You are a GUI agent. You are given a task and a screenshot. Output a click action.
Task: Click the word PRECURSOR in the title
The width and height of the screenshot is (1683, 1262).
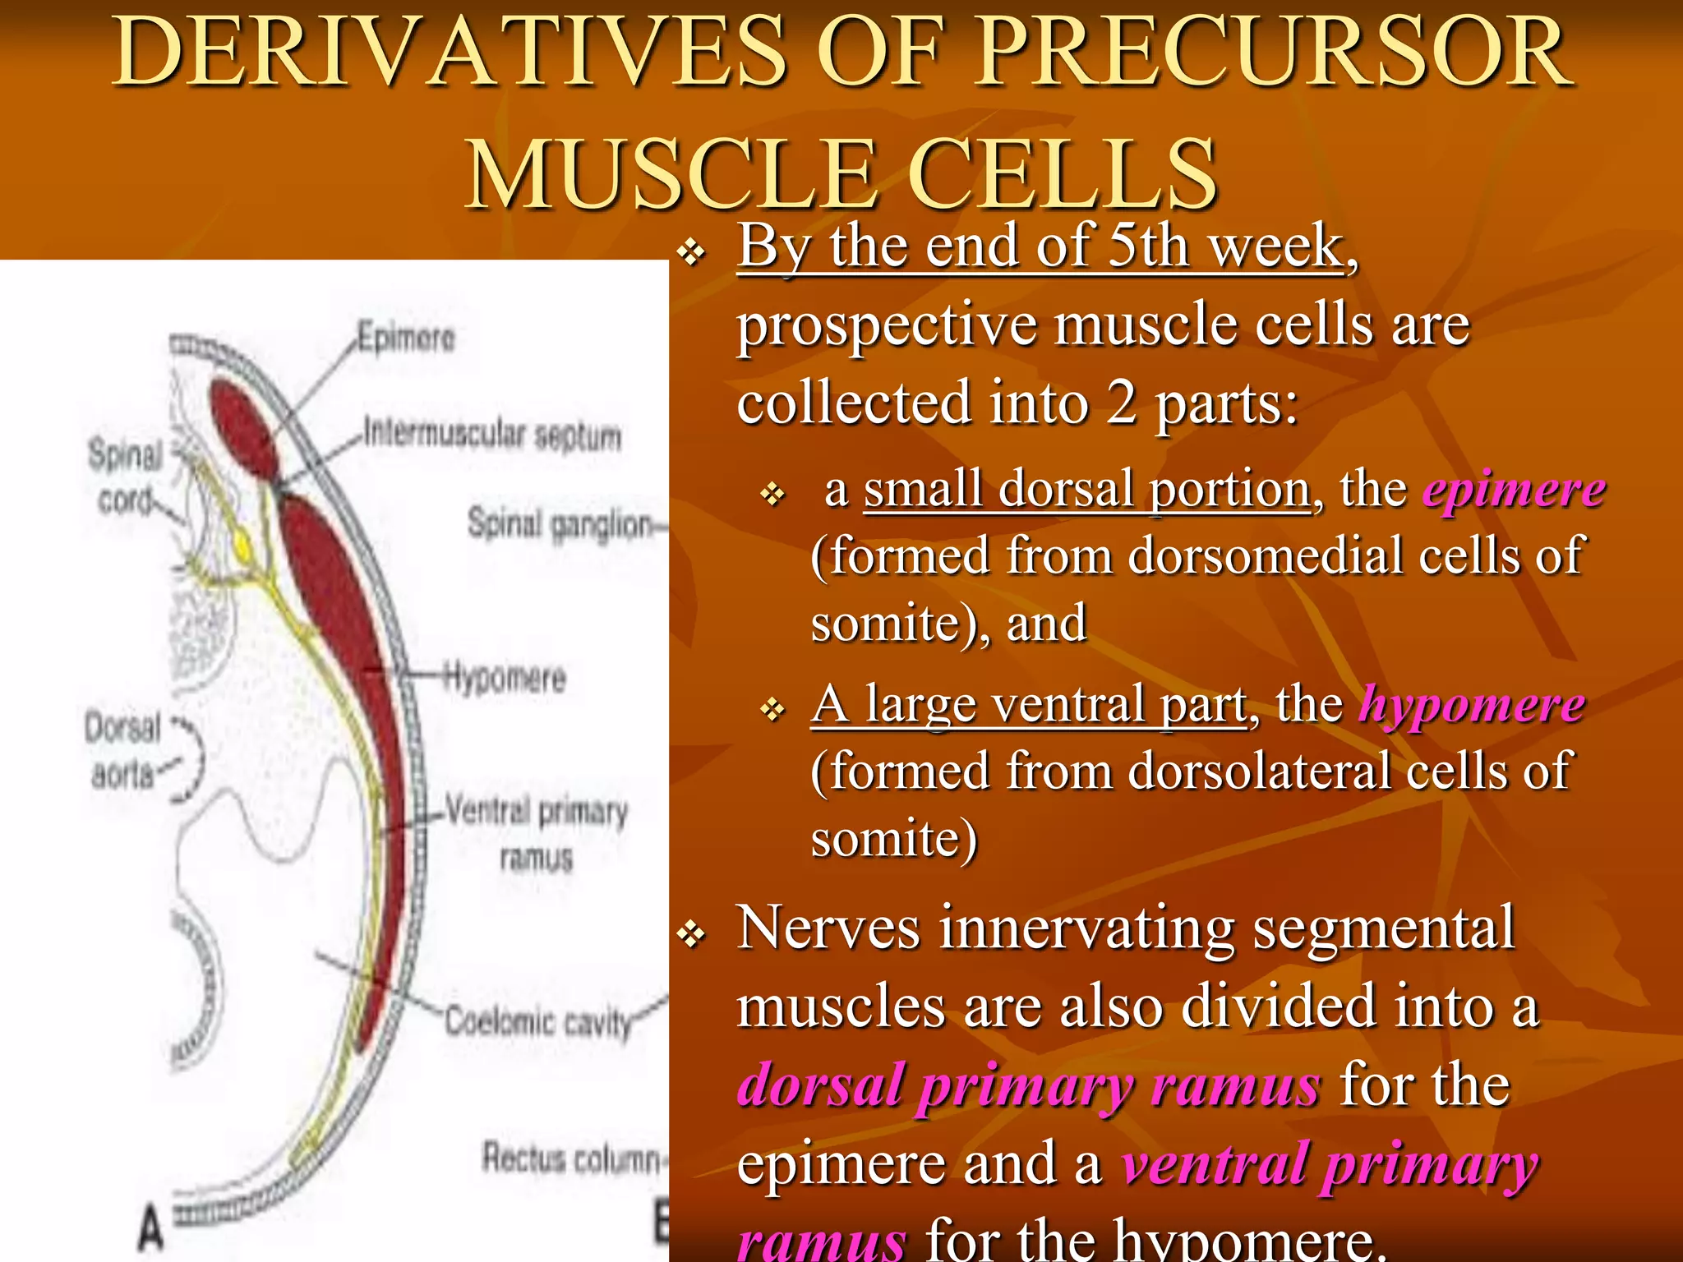pos(1274,53)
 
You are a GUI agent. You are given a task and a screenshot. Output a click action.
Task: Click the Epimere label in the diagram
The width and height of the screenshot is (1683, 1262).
pos(406,338)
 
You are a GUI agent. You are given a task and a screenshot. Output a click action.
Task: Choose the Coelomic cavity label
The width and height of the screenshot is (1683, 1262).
pos(539,1022)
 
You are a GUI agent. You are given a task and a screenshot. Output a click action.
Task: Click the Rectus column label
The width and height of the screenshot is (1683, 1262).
pos(571,1158)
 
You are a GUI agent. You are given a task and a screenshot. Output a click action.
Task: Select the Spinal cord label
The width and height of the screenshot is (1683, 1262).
pos(126,477)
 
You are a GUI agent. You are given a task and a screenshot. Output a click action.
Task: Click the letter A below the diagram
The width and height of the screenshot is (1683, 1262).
pos(150,1227)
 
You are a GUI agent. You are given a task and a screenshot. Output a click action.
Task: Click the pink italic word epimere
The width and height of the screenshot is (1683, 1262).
pos(1514,491)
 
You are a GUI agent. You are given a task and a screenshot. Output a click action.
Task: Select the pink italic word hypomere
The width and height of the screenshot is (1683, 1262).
pos(1471,705)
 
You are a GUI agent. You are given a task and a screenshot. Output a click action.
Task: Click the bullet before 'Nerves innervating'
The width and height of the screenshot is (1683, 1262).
pos(692,933)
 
